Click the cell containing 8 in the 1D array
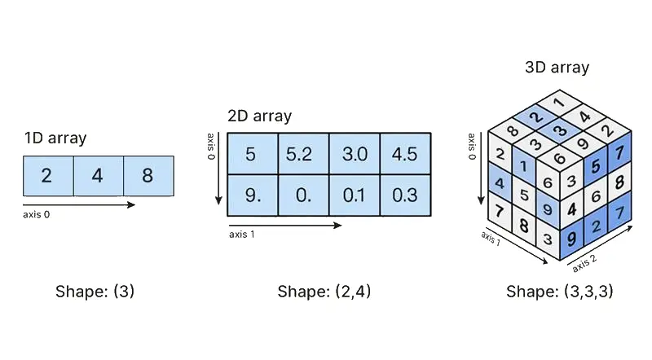(x=148, y=176)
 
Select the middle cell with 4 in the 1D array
(x=98, y=176)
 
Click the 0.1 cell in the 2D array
(x=354, y=195)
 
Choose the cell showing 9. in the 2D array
(x=252, y=195)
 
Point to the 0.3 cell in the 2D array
(x=404, y=195)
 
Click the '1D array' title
(x=55, y=138)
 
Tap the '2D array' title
(x=259, y=116)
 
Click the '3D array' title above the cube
(x=557, y=68)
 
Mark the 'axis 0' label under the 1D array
(x=42, y=214)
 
